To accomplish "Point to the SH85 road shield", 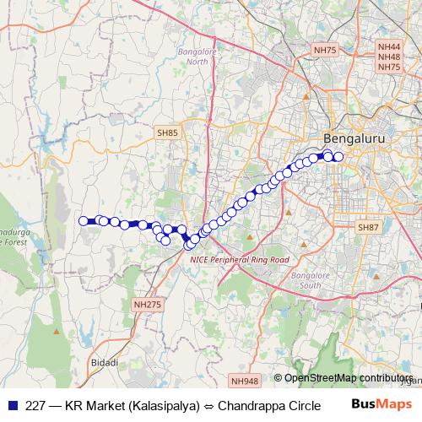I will [167, 133].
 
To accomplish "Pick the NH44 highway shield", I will [389, 47].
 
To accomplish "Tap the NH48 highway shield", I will [389, 57].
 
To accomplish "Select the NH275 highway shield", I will [146, 304].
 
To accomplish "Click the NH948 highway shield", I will [245, 381].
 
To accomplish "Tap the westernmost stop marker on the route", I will [84, 221].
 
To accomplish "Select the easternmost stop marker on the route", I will [338, 156].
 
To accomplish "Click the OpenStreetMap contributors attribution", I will [347, 378].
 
